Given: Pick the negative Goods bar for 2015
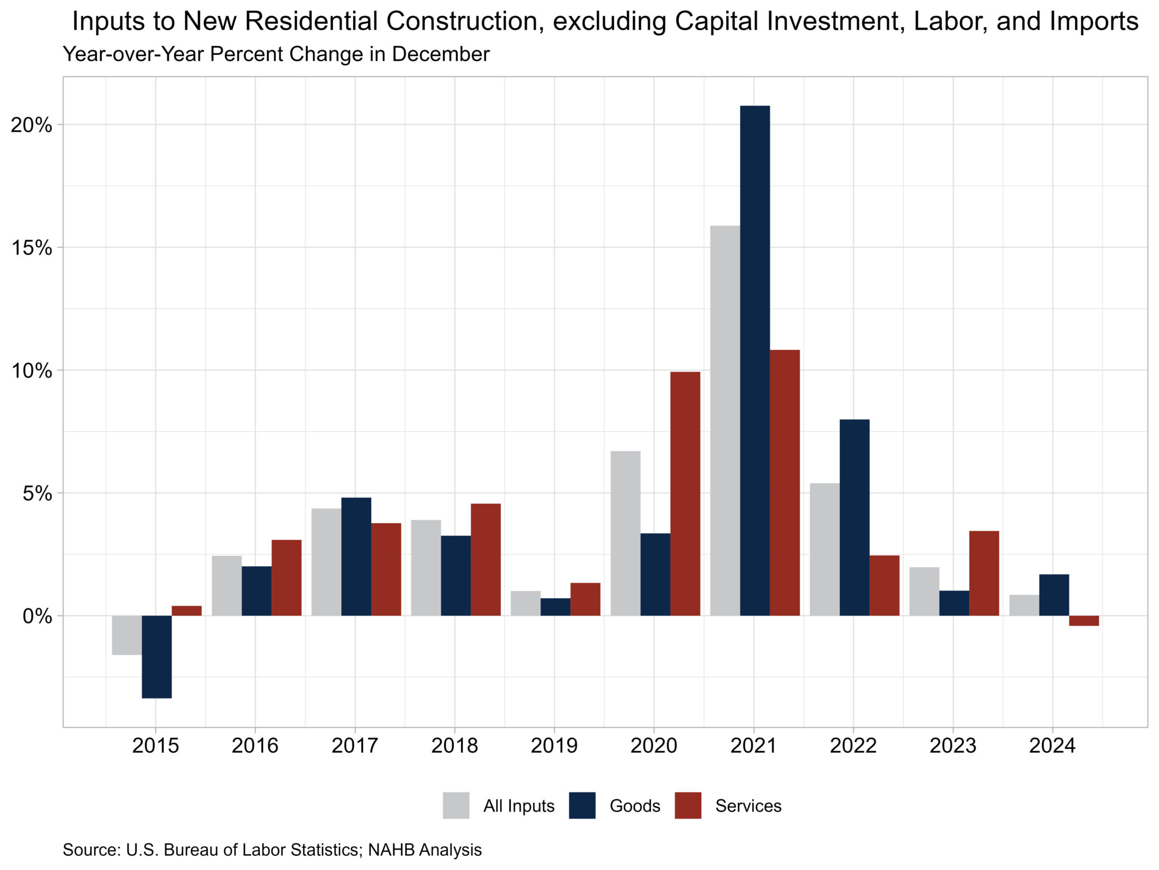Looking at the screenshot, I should tap(157, 657).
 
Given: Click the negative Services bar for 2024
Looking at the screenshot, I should tap(1084, 620).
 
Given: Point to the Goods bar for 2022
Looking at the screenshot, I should tap(855, 517).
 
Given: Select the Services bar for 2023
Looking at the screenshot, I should tap(984, 573).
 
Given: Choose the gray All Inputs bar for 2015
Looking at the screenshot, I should tap(127, 635).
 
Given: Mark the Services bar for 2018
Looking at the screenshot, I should tap(486, 559).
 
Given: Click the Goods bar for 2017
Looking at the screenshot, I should tap(356, 556).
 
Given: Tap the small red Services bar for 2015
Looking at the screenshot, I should tap(187, 611).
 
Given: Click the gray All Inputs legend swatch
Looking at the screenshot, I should tap(456, 805).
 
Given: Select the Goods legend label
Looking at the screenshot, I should tap(634, 805).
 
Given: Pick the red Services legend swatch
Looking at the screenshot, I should tap(688, 805).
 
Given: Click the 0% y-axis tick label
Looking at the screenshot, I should tap(37, 616).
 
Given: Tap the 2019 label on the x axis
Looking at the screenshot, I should tap(554, 746).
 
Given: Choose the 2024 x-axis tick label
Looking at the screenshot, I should tap(1052, 746).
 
